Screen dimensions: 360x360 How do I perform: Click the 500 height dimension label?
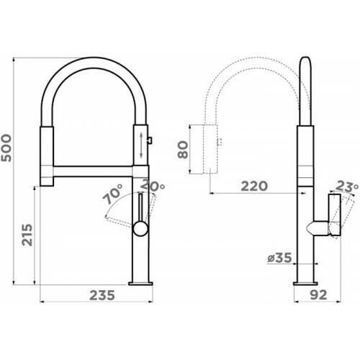pos(6,148)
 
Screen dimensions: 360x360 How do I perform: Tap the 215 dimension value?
pos(27,235)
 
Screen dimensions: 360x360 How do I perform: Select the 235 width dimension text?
pos(102,295)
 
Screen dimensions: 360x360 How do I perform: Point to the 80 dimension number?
pos(183,149)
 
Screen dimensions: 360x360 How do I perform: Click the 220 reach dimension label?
pos(254,186)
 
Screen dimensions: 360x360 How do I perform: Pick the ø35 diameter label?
pos(279,258)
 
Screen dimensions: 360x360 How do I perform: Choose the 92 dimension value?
pos(318,295)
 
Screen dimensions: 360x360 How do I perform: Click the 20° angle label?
pos(153,186)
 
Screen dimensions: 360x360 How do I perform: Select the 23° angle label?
pos(347,186)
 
